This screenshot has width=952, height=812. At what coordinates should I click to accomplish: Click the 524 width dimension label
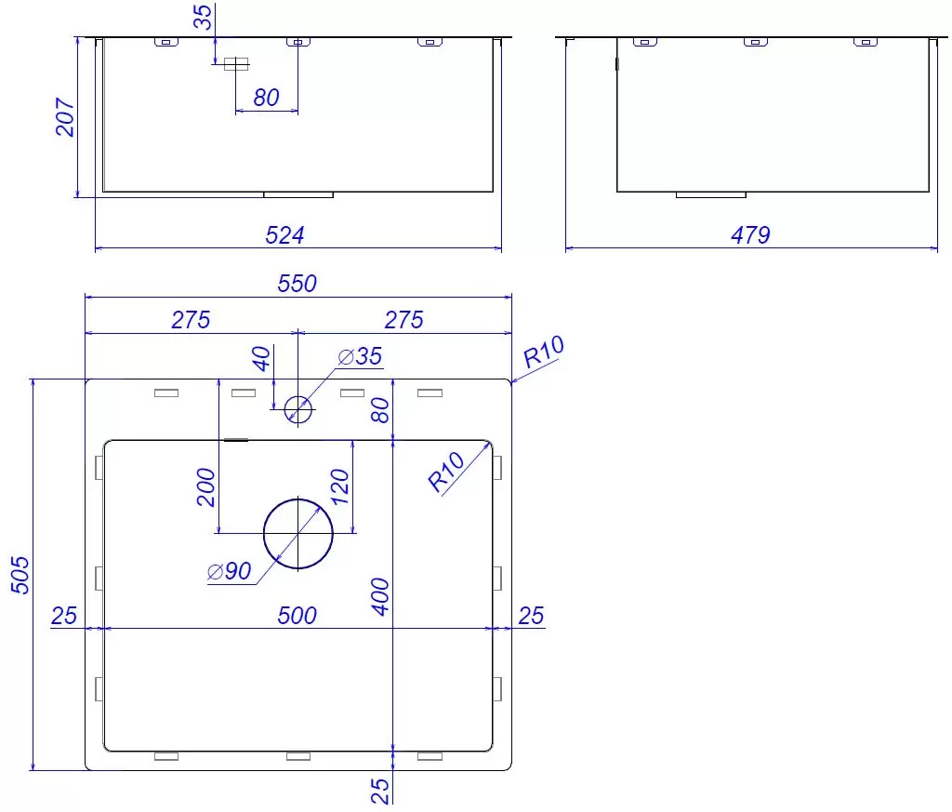pyautogui.click(x=284, y=235)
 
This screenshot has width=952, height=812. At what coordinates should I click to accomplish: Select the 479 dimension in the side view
pyautogui.click(x=750, y=235)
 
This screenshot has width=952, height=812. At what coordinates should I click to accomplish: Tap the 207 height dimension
pyautogui.click(x=65, y=116)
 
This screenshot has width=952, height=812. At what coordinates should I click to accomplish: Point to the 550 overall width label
pyautogui.click(x=297, y=284)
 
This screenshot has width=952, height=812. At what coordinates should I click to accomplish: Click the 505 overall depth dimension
pyautogui.click(x=20, y=575)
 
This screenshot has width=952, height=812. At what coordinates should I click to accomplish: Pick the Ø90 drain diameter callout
pyautogui.click(x=229, y=571)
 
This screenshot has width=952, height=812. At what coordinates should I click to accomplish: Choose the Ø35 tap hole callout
pyautogui.click(x=360, y=356)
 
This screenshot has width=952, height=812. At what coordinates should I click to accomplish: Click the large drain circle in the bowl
pyautogui.click(x=298, y=499)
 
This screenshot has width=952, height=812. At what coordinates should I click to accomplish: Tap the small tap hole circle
pyautogui.click(x=298, y=396)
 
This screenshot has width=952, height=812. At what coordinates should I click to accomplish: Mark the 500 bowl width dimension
pyautogui.click(x=297, y=616)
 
